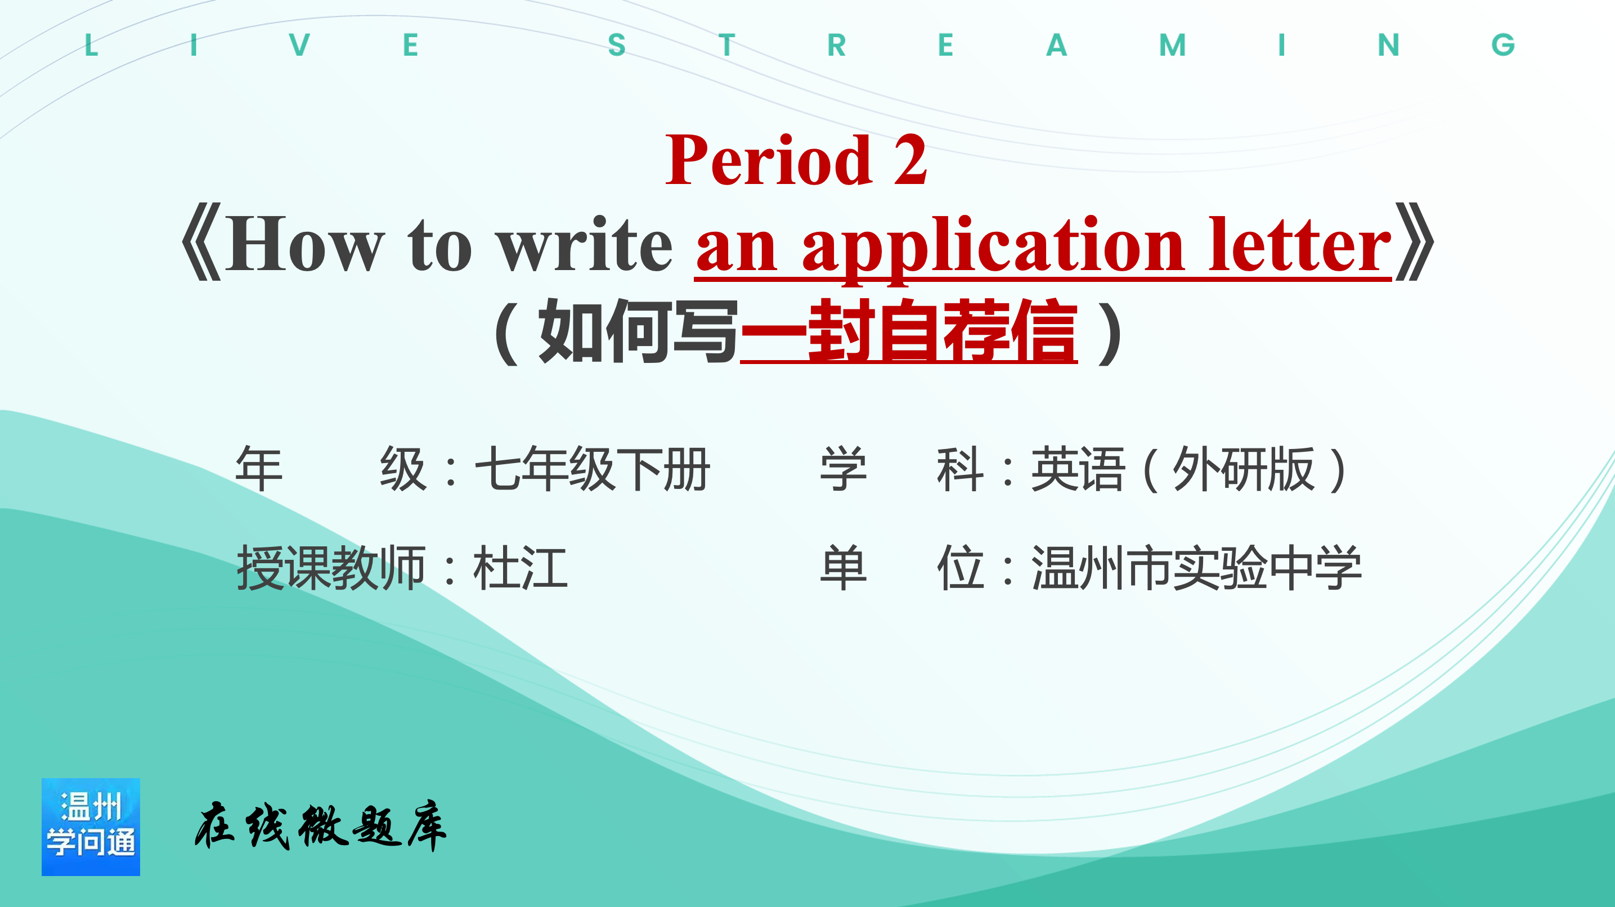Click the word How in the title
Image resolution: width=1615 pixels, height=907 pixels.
click(304, 244)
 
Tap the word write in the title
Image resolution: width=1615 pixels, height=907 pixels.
click(584, 244)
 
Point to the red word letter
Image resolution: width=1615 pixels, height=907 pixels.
click(1300, 244)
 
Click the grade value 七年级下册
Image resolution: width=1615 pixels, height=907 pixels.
click(592, 469)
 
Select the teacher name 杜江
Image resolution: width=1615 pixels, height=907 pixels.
click(521, 568)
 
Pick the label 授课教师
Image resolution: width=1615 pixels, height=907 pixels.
click(331, 568)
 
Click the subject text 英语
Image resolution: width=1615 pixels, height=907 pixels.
click(1078, 469)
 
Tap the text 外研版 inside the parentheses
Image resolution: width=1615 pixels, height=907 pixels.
click(1243, 469)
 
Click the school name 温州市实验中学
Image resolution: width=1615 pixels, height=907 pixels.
click(1196, 568)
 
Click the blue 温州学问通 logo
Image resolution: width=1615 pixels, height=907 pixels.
click(91, 827)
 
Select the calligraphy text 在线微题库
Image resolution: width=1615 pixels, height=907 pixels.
click(320, 825)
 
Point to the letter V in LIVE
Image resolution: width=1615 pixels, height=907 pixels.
click(300, 44)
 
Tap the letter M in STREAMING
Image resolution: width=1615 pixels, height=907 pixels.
click(1172, 44)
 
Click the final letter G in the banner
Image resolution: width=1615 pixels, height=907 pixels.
click(1503, 44)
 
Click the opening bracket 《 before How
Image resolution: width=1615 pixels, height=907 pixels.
click(202, 241)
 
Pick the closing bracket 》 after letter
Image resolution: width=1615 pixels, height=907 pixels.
click(1414, 241)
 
